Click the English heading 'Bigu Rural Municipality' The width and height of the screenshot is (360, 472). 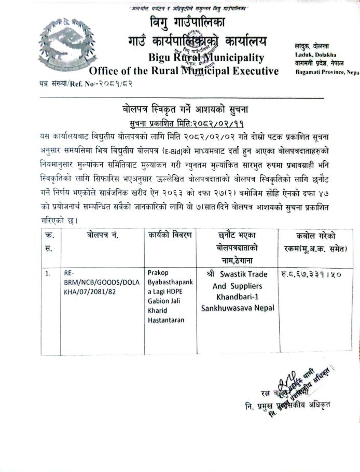point(205,58)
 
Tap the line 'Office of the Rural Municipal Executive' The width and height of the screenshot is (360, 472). point(184,71)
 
